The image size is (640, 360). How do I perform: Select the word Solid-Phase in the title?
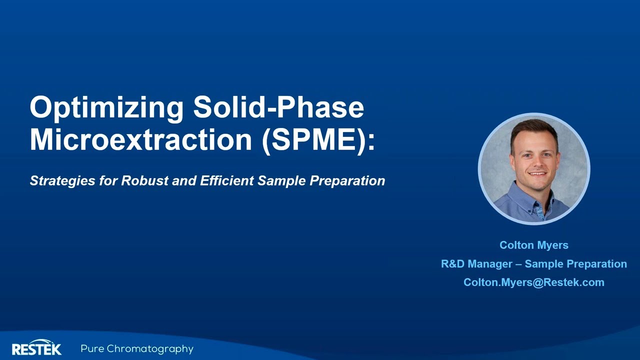(x=278, y=107)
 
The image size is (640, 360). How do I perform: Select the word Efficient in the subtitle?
(x=227, y=180)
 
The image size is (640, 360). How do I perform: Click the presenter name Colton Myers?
(x=533, y=245)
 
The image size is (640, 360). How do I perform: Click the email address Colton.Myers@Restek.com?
(x=533, y=282)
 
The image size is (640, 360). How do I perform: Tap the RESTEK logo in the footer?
(x=36, y=348)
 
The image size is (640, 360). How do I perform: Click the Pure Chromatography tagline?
(x=137, y=349)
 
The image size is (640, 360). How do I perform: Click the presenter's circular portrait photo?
(x=533, y=169)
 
